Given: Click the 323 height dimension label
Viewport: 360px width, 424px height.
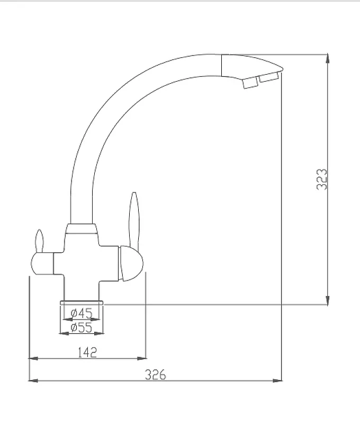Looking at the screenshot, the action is pos(322,180).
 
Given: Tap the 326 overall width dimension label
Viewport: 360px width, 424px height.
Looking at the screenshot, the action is pos(155,375).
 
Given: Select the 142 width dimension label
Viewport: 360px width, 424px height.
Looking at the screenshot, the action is pos(87,352).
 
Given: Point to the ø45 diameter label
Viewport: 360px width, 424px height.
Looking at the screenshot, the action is pos(82,313).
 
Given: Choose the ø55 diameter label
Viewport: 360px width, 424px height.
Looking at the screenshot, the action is pos(82,328).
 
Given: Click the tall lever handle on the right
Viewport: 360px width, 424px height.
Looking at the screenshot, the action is pos(134,220).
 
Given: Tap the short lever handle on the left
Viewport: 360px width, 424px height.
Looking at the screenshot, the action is pos(39,241).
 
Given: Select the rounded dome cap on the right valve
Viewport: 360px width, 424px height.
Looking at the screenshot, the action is pos(131,263).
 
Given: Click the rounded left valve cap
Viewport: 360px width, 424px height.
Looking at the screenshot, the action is pos(42,263).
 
